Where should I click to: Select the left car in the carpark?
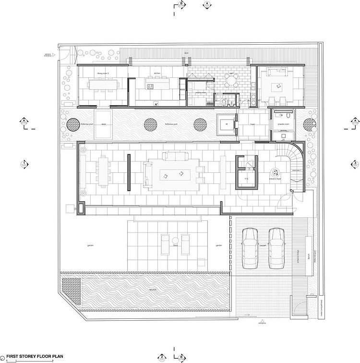point(250,248)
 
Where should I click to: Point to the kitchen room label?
point(156,73)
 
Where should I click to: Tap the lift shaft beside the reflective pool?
point(225,124)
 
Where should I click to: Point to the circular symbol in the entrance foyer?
point(275,171)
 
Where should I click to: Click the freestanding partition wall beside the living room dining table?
point(128,173)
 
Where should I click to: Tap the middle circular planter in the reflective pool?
point(152,125)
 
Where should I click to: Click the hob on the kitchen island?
point(150,86)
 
